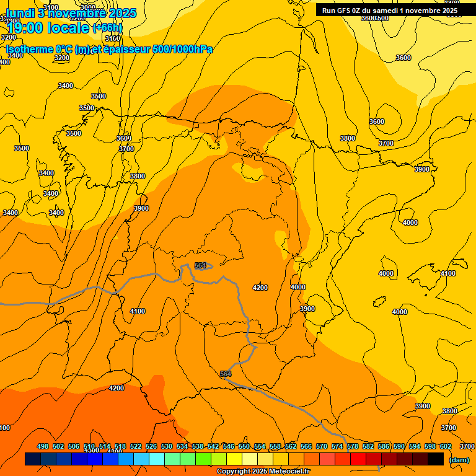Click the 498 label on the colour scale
coord(43,446)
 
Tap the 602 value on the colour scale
coord(446,446)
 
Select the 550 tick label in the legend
coord(244,446)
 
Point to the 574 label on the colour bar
coord(337,446)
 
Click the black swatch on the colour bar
coord(436,459)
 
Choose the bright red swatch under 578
coord(358,459)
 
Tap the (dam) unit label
coord(459,459)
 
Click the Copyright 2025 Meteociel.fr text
coord(263,472)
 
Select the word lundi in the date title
coord(20,12)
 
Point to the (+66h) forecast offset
coord(107,28)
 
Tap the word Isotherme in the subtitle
coord(30,49)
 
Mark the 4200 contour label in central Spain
coord(260,288)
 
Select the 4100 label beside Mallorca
coord(447,273)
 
